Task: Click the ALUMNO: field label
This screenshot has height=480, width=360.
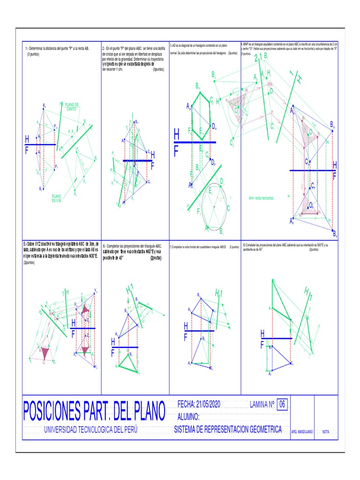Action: (x=188, y=417)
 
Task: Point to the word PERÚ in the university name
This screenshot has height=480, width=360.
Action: (x=129, y=430)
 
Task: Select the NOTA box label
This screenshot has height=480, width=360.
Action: (x=326, y=431)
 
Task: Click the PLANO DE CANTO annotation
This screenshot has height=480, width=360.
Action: (x=72, y=106)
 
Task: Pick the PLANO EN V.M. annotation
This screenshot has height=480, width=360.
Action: (x=57, y=198)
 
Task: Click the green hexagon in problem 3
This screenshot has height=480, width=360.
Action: (x=201, y=115)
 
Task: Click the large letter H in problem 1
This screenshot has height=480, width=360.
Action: (x=27, y=140)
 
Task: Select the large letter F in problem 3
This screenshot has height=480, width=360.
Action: (x=176, y=151)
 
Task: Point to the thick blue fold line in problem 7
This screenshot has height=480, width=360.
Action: (x=199, y=330)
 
